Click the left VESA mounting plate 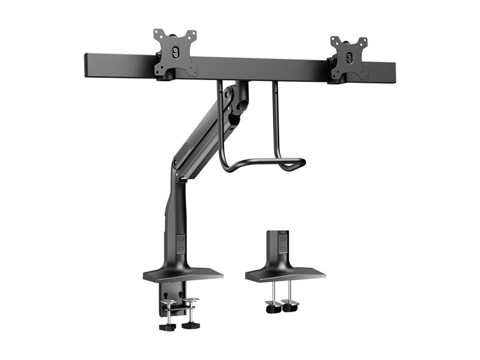[176, 54]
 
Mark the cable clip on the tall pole [180, 243]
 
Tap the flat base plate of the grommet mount [285, 274]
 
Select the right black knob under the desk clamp [190, 325]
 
